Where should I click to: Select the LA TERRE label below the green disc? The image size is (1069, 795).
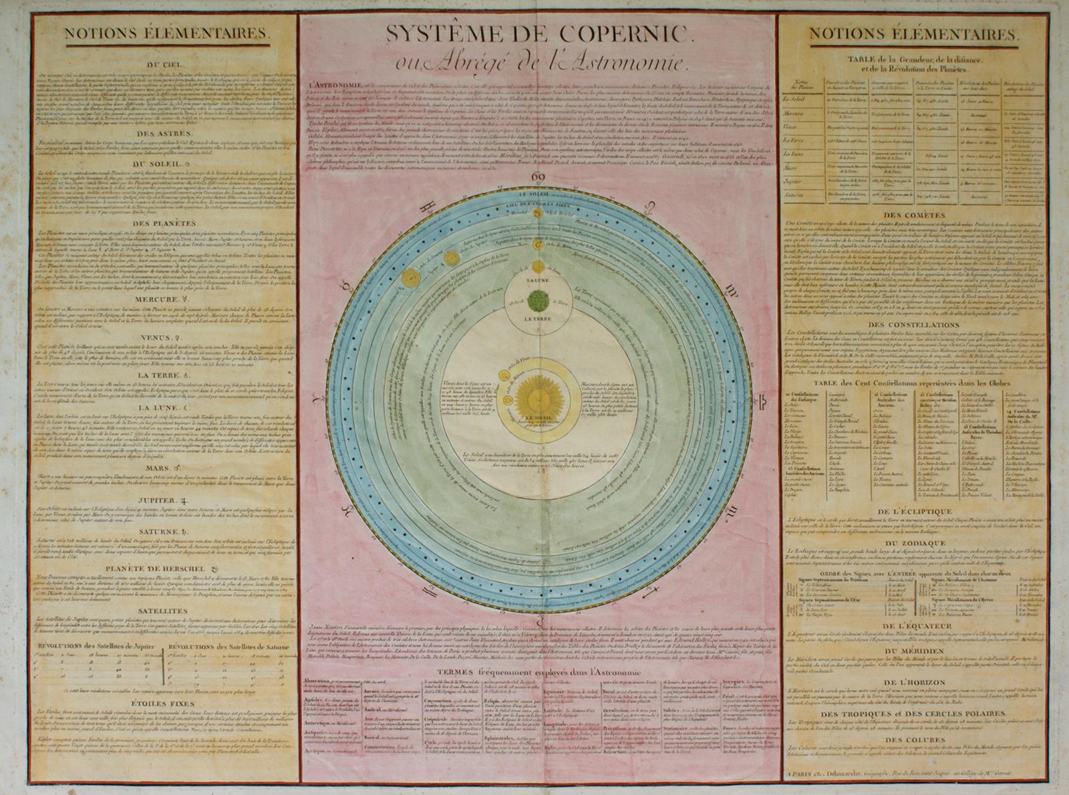[x=537, y=320]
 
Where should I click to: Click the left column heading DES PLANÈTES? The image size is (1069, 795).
[x=164, y=223]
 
